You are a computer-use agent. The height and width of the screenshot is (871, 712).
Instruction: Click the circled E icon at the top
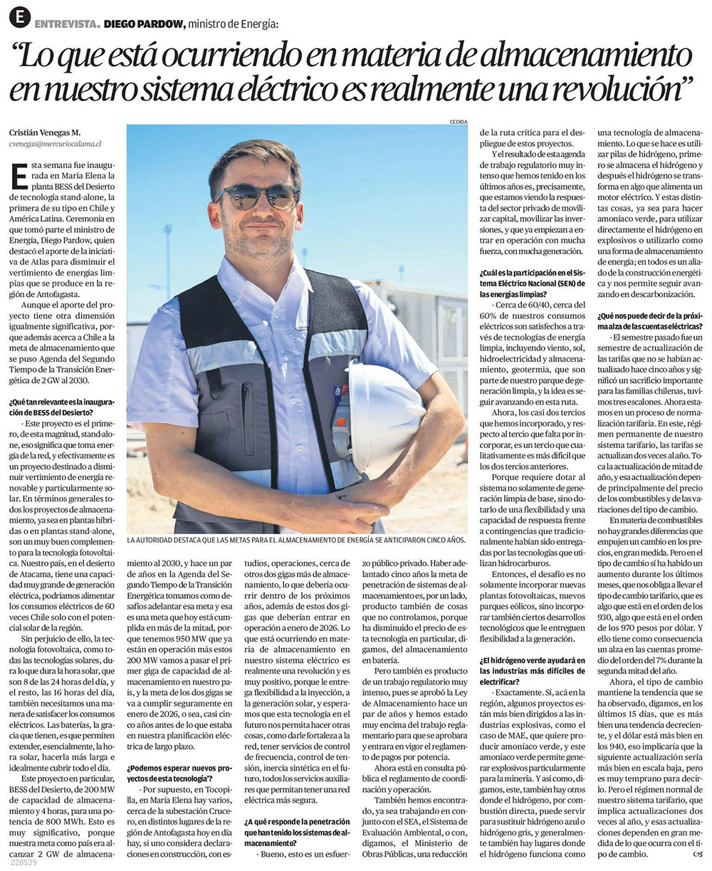pyautogui.click(x=19, y=16)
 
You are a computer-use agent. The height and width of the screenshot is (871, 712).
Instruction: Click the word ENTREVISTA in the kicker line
pyautogui.click(x=66, y=24)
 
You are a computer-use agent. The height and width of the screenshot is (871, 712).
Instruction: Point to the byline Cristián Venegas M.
pyautogui.click(x=45, y=132)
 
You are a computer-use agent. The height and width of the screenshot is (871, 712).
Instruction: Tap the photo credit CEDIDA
pyautogui.click(x=458, y=122)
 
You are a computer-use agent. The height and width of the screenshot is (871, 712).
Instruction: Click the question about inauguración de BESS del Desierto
pyautogui.click(x=61, y=407)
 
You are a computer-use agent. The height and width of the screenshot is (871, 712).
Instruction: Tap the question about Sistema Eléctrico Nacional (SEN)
pyautogui.click(x=532, y=283)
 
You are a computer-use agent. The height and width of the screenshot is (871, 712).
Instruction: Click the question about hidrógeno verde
pyautogui.click(x=532, y=671)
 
